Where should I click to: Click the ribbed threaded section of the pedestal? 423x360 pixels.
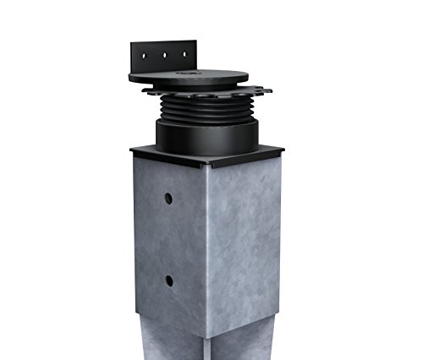(x=206, y=110)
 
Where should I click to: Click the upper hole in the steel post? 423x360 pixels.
(x=168, y=197)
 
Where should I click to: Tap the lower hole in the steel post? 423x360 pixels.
(x=168, y=280)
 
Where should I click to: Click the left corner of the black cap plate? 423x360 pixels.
(x=131, y=150)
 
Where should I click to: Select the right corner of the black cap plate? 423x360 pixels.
(x=282, y=150)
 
